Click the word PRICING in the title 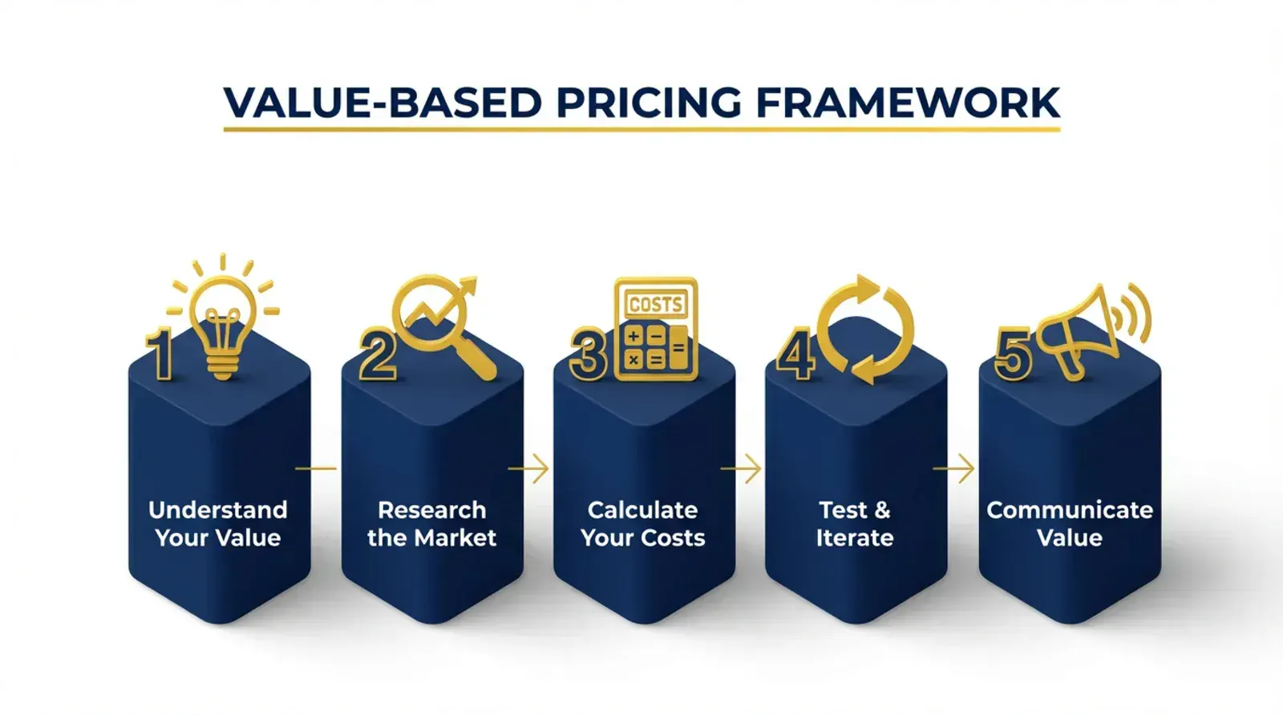[x=649, y=103]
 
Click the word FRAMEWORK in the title [x=908, y=103]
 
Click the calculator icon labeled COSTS [x=656, y=328]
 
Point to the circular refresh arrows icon [x=865, y=329]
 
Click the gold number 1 [x=160, y=355]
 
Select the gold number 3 [x=588, y=356]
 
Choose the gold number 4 [x=795, y=356]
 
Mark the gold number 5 [x=1013, y=354]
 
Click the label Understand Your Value [x=218, y=524]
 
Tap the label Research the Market [x=431, y=524]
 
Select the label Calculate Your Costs [x=643, y=524]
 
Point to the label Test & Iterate [x=855, y=524]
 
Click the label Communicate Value [x=1070, y=524]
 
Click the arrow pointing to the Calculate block [x=528, y=468]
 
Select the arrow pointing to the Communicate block [x=953, y=468]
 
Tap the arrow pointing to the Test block [x=741, y=468]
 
